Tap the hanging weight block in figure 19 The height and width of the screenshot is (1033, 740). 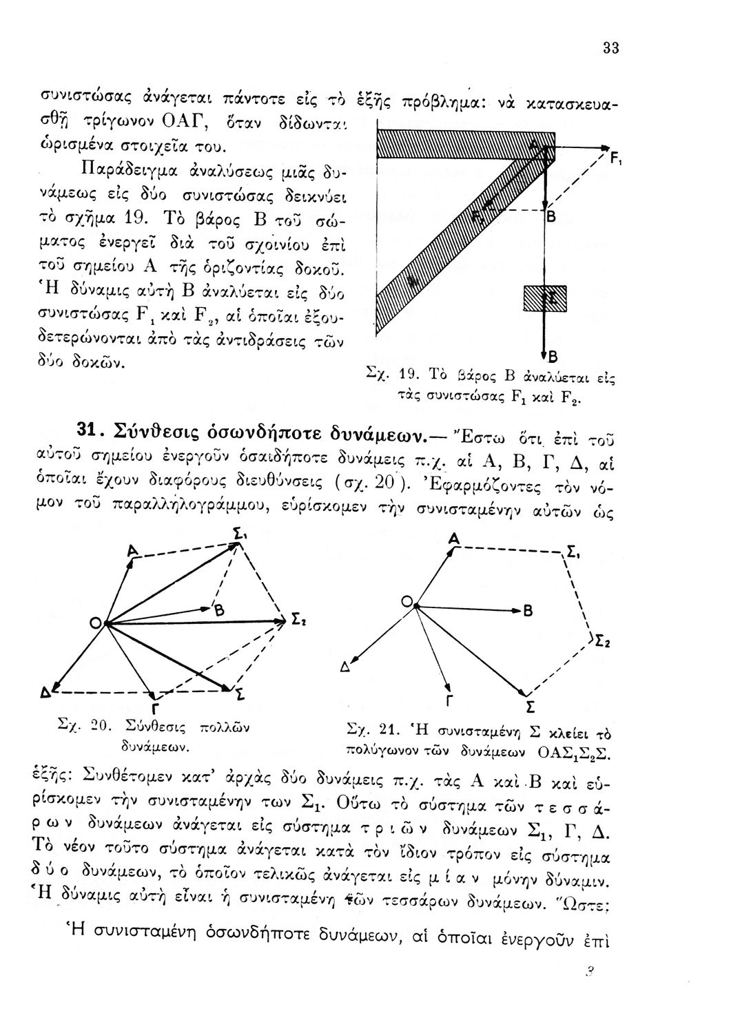pos(545,298)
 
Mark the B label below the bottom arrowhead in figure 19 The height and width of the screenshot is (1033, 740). pos(552,357)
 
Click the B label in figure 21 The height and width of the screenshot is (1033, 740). pos(528,612)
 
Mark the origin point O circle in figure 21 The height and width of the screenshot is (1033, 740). pos(408,603)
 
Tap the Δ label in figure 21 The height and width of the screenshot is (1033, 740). pos(344,667)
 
